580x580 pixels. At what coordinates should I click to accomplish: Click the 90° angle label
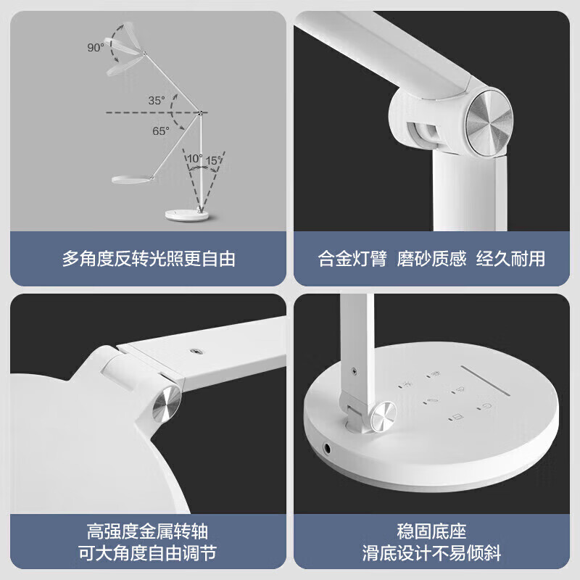point(96,47)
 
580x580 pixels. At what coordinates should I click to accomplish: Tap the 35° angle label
point(157,100)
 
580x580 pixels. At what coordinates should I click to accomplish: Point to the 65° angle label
point(161,131)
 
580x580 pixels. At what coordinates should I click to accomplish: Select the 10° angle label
point(194,158)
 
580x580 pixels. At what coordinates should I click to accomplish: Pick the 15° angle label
point(214,160)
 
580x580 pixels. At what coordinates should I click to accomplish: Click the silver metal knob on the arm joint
point(489,123)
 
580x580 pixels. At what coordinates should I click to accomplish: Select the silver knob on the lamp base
point(384,416)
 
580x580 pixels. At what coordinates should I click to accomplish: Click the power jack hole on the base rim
point(328,449)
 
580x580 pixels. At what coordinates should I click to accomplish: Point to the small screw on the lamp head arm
point(194,350)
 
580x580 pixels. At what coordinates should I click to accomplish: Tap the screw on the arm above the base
point(355,370)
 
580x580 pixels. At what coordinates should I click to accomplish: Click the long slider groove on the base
point(485,381)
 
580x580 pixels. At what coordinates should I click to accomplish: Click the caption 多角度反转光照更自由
point(149,259)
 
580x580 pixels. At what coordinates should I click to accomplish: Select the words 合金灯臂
point(352,259)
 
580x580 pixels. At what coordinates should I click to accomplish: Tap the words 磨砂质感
point(431,259)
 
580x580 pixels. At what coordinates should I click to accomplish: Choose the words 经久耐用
point(511,259)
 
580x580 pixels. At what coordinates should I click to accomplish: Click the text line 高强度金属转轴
point(148,531)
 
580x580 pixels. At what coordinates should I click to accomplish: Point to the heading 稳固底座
point(431,531)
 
